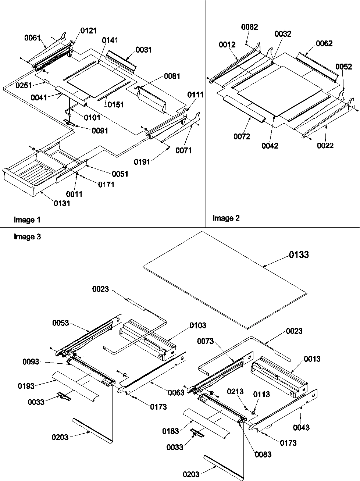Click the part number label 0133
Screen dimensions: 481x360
[299, 254]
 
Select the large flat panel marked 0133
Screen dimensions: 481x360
[224, 279]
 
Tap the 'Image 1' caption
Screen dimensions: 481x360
[27, 220]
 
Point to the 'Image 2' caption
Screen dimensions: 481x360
[226, 218]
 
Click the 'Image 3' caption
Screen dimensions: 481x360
[27, 237]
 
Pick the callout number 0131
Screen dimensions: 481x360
[62, 203]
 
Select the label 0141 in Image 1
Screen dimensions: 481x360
[110, 40]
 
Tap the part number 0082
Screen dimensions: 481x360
[249, 27]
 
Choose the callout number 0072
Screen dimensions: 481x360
[242, 137]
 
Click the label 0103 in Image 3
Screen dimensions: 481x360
[198, 325]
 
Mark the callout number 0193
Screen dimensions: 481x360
[26, 386]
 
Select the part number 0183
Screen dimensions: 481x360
[170, 431]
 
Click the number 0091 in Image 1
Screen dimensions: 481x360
[100, 130]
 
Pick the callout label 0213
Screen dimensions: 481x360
[235, 392]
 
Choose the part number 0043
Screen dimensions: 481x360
[301, 427]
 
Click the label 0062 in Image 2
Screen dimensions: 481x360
[324, 43]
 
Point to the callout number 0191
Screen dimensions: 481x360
[142, 162]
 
